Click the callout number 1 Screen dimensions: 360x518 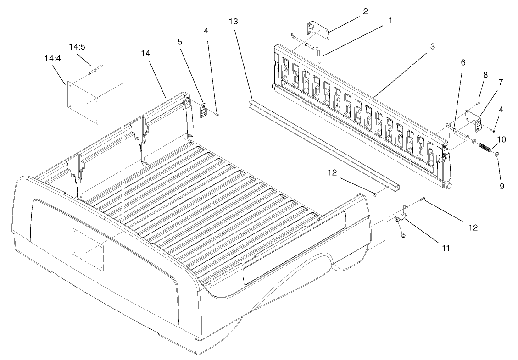pos(390,21)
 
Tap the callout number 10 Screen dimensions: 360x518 pos(501,138)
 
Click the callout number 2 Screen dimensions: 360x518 pos(365,11)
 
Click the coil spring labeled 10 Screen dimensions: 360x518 pos(485,149)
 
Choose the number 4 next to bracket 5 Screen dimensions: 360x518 pos(206,31)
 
